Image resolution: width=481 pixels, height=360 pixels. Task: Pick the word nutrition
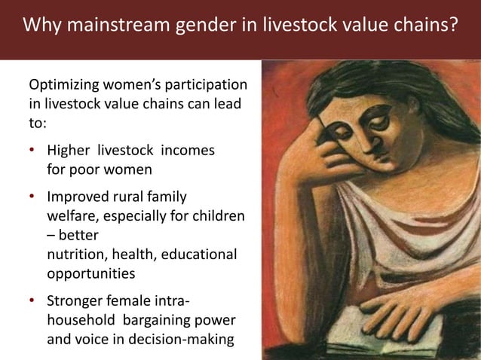75,254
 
